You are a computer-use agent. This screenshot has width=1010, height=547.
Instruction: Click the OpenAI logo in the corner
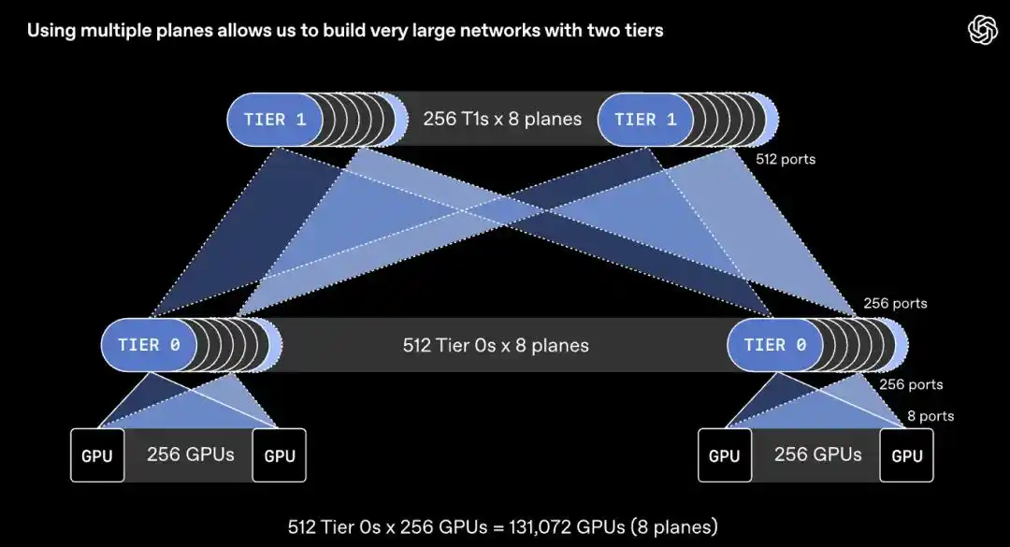982,30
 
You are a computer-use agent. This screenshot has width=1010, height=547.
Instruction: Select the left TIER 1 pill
274,120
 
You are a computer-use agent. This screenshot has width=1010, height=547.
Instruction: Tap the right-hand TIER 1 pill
645,120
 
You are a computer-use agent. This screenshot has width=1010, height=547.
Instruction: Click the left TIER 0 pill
149,345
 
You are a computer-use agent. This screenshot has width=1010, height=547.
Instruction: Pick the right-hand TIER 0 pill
775,345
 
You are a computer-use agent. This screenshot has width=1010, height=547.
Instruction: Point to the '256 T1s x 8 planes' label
502,119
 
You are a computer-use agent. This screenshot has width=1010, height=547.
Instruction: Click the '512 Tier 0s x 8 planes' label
496,345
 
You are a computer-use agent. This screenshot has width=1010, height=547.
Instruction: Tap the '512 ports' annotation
786,159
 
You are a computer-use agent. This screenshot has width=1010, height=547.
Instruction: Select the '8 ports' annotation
931,416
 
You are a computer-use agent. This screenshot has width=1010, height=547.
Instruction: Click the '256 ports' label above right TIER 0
895,304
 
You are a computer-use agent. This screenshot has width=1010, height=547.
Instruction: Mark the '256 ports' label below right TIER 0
911,384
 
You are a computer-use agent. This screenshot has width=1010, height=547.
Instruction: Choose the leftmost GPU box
97,455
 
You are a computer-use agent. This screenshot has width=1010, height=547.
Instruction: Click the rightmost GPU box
907,455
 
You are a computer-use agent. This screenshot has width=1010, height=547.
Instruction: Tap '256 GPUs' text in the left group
191,454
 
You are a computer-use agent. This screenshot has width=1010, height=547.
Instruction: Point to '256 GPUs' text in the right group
818,454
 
